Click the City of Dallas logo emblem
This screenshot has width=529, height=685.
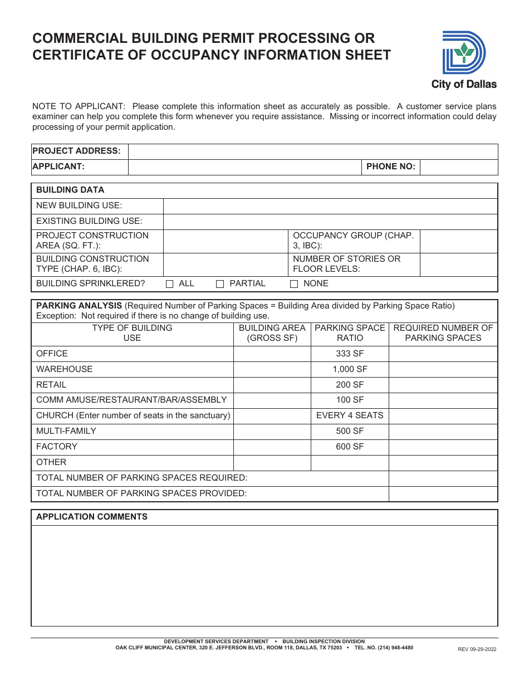(x=463, y=53)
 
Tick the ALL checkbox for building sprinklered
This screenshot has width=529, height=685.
(x=170, y=284)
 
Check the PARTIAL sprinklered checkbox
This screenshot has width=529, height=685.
(x=220, y=284)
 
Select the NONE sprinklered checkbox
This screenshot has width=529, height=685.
(x=294, y=284)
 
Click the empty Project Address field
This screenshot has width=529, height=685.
(x=313, y=151)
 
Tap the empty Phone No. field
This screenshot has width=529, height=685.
(x=458, y=167)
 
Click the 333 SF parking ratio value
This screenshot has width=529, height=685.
(x=350, y=354)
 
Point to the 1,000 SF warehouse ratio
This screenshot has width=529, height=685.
(x=350, y=369)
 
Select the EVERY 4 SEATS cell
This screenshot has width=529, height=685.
(x=350, y=415)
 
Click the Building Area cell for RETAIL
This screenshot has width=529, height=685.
(x=272, y=385)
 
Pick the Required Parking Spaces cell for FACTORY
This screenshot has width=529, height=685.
(x=443, y=447)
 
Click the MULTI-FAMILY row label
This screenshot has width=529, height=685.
(x=66, y=431)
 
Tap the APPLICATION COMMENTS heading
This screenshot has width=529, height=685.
(x=92, y=517)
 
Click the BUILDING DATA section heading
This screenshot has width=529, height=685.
(x=70, y=190)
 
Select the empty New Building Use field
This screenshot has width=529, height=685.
(x=330, y=206)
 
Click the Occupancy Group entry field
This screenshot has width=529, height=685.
(x=458, y=241)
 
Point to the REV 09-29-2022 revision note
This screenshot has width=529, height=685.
(x=477, y=649)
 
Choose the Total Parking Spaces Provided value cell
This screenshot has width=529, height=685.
(x=443, y=493)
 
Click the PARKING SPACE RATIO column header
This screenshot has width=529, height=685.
(x=350, y=333)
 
